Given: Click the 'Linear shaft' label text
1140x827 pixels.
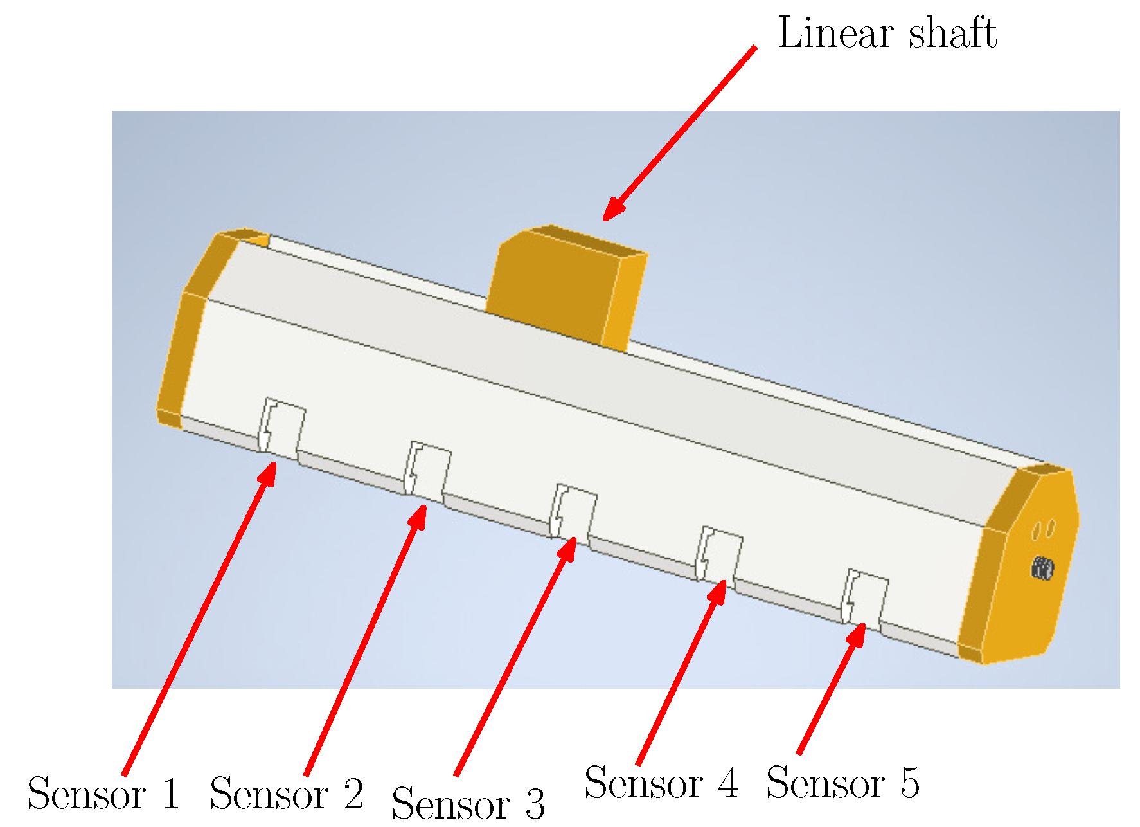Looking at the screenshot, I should [x=887, y=33].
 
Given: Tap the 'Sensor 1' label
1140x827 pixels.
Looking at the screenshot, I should [x=103, y=794].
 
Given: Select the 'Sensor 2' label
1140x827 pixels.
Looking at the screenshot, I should [x=287, y=794].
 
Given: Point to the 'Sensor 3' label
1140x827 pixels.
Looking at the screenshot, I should [x=468, y=804].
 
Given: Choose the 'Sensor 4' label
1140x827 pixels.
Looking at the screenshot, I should [x=661, y=783].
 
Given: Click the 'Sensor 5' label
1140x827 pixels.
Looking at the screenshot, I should [x=843, y=783].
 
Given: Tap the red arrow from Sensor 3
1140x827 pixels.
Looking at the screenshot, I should [x=515, y=656].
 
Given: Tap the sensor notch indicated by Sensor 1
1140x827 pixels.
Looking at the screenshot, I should [x=281, y=427].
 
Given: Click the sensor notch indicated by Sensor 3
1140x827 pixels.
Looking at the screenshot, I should [x=573, y=513].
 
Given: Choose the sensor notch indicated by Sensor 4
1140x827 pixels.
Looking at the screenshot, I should [x=719, y=555].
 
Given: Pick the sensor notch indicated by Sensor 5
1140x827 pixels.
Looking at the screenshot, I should [x=865, y=597].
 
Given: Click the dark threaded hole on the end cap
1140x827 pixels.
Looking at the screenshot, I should [x=1042, y=568].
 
